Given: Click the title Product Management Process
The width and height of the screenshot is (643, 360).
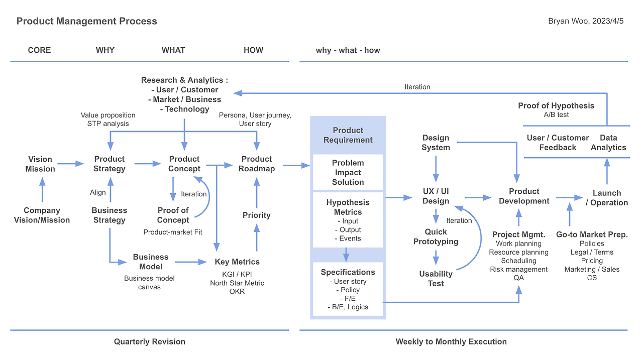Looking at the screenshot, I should pyautogui.click(x=86, y=21).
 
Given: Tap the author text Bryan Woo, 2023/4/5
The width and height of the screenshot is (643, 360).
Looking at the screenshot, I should pyautogui.click(x=586, y=21).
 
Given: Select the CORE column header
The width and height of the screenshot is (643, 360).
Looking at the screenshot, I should pyautogui.click(x=39, y=50).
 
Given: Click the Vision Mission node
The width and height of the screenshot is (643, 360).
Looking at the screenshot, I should pyautogui.click(x=40, y=164).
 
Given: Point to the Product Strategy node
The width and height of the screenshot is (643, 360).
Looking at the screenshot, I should pyautogui.click(x=109, y=164).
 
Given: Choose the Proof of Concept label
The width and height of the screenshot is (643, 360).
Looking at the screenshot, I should pyautogui.click(x=173, y=215).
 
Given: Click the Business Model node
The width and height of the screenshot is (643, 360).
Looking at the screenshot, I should pyautogui.click(x=150, y=262).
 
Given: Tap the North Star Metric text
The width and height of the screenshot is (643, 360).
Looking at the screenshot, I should pyautogui.click(x=237, y=283).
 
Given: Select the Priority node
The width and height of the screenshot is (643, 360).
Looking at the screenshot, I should pyautogui.click(x=256, y=215).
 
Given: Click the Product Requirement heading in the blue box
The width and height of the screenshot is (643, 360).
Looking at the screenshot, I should pyautogui.click(x=348, y=135).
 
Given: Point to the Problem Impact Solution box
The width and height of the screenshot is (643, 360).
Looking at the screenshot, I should pyautogui.click(x=348, y=173).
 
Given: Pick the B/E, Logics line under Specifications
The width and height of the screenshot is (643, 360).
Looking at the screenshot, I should pyautogui.click(x=348, y=307).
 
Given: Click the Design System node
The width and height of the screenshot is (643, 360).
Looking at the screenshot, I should pyautogui.click(x=436, y=143).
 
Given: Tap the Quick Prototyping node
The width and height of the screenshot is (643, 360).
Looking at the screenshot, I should pyautogui.click(x=436, y=237).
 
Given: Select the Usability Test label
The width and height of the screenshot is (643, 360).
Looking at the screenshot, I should pyautogui.click(x=436, y=279).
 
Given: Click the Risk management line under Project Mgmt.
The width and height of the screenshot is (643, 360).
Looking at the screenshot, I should pyautogui.click(x=518, y=270).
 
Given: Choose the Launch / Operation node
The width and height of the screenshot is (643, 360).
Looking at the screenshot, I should pyautogui.click(x=606, y=198).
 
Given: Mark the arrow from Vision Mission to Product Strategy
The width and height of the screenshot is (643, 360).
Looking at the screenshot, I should pyautogui.click(x=70, y=164).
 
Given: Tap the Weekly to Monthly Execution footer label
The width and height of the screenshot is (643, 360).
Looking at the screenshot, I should pyautogui.click(x=451, y=342).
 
